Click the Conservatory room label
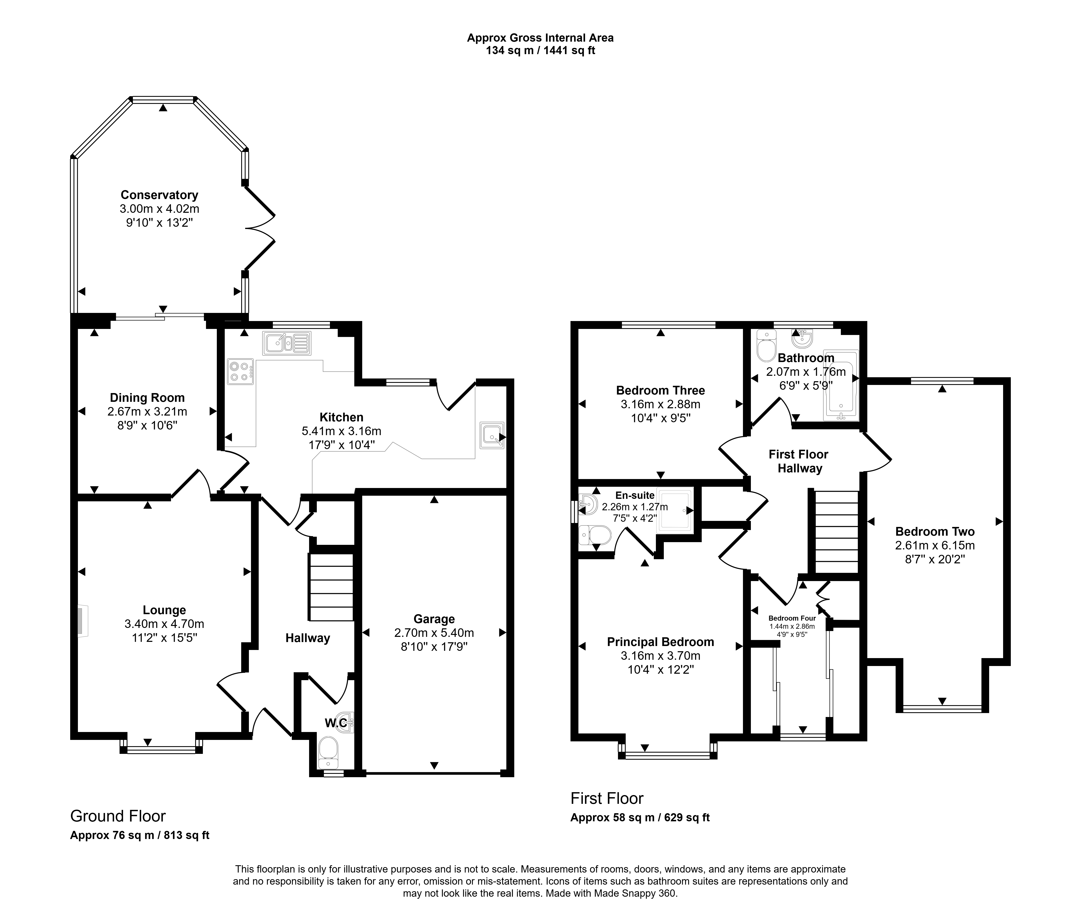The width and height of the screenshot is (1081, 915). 159,195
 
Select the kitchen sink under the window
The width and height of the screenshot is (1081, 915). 287,343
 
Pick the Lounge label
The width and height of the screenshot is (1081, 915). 165,610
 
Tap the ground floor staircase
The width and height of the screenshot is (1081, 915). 331,587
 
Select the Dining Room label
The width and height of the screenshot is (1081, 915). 147,398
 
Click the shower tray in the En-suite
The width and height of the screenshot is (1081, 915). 675,510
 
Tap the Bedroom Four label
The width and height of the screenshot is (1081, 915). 792,618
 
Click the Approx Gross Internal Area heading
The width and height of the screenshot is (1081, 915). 540,38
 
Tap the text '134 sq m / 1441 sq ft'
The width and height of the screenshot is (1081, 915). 540,51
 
